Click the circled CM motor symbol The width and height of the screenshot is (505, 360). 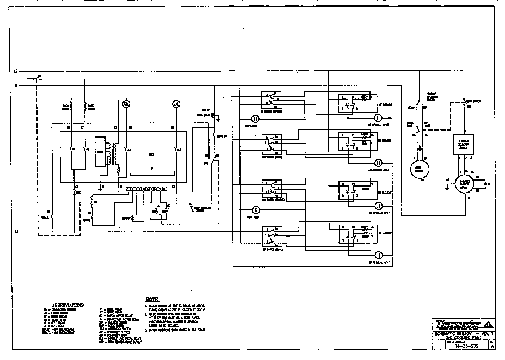pyautogui.click(x=125, y=103)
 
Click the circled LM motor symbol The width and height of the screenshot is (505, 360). pyautogui.click(x=175, y=103)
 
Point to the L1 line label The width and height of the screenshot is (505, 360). pyautogui.click(x=16, y=232)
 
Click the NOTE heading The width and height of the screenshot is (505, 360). pyautogui.click(x=152, y=300)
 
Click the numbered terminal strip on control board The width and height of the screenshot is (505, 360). pyautogui.click(x=145, y=189)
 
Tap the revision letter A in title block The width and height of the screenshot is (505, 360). pyautogui.click(x=493, y=345)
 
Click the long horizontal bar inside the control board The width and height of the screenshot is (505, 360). pyautogui.click(x=151, y=173)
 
